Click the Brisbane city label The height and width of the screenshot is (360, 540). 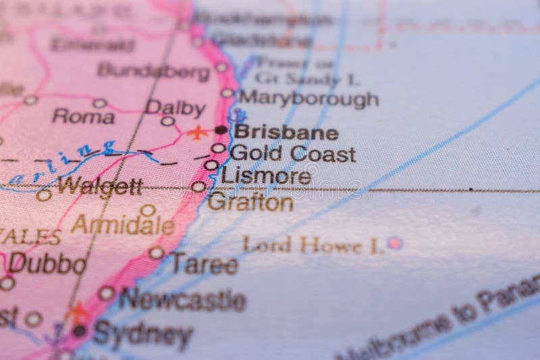[x=286, y=132]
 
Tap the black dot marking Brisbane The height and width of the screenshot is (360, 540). [x=221, y=130]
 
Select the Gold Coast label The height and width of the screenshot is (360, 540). [x=293, y=154]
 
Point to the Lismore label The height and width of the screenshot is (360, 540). [x=266, y=176]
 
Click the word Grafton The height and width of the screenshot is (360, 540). [x=250, y=202]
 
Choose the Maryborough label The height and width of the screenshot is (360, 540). [x=308, y=99]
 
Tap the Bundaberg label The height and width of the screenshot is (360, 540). [x=153, y=70]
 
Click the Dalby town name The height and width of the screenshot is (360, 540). [x=175, y=107]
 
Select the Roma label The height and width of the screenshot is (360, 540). [x=84, y=115]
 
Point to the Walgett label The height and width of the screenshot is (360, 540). [x=100, y=186]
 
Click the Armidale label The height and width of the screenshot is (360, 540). [x=123, y=224]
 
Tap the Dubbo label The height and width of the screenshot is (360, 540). [x=47, y=263]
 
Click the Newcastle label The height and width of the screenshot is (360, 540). [x=182, y=299]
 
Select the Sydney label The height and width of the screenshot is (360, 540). [x=143, y=334]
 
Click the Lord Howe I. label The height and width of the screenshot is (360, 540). [x=313, y=245]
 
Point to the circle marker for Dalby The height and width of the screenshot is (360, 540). [x=167, y=122]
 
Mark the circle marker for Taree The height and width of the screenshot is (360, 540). [x=157, y=253]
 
